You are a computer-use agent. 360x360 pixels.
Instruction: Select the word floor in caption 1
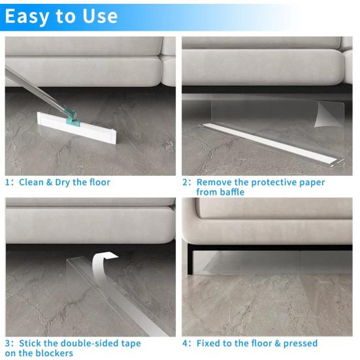(x=98, y=182)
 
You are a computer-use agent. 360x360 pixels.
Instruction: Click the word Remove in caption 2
(x=214, y=183)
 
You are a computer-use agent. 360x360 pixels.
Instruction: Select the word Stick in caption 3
(x=32, y=343)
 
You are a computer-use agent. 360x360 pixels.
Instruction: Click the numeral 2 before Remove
(x=186, y=183)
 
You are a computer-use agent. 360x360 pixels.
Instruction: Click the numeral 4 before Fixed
(x=186, y=343)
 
